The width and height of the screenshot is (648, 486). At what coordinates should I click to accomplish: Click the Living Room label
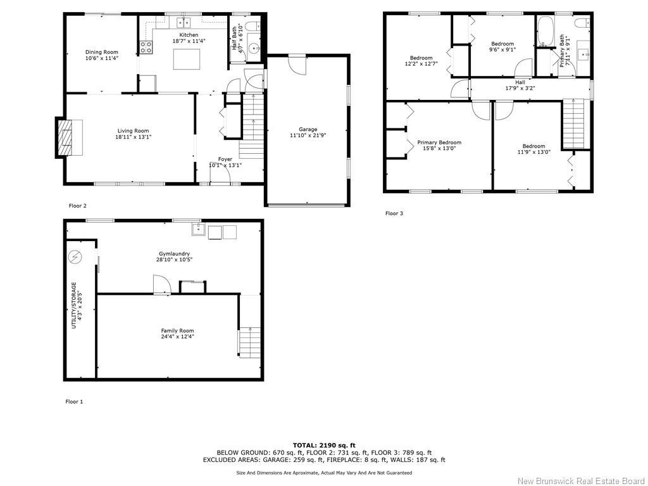(x=133, y=131)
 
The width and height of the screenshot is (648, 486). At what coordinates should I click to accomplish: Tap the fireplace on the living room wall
(x=66, y=137)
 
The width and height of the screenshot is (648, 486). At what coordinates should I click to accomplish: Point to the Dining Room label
(x=101, y=53)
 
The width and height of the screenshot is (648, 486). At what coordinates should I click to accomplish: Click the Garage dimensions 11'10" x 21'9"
(x=308, y=135)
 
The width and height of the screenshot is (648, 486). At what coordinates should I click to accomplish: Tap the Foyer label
(x=225, y=159)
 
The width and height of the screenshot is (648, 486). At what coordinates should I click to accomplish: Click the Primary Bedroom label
(x=439, y=143)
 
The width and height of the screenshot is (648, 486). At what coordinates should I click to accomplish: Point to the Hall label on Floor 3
(x=520, y=82)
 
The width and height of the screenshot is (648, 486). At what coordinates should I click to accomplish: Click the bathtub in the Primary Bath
(x=545, y=32)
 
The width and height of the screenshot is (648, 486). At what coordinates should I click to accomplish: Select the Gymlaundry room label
(x=175, y=254)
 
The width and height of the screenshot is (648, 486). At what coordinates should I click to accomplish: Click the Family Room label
(x=177, y=331)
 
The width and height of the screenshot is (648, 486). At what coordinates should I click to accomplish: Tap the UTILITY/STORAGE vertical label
(x=74, y=305)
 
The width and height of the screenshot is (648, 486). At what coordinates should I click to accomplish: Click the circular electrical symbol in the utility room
(x=75, y=257)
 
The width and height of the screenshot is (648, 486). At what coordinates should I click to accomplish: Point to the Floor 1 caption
(x=74, y=402)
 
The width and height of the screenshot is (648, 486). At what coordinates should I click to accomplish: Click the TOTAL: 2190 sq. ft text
(x=323, y=445)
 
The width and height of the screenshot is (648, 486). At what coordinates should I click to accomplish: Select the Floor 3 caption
(x=394, y=213)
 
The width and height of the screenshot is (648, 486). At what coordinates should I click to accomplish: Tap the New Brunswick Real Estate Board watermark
(x=580, y=481)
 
